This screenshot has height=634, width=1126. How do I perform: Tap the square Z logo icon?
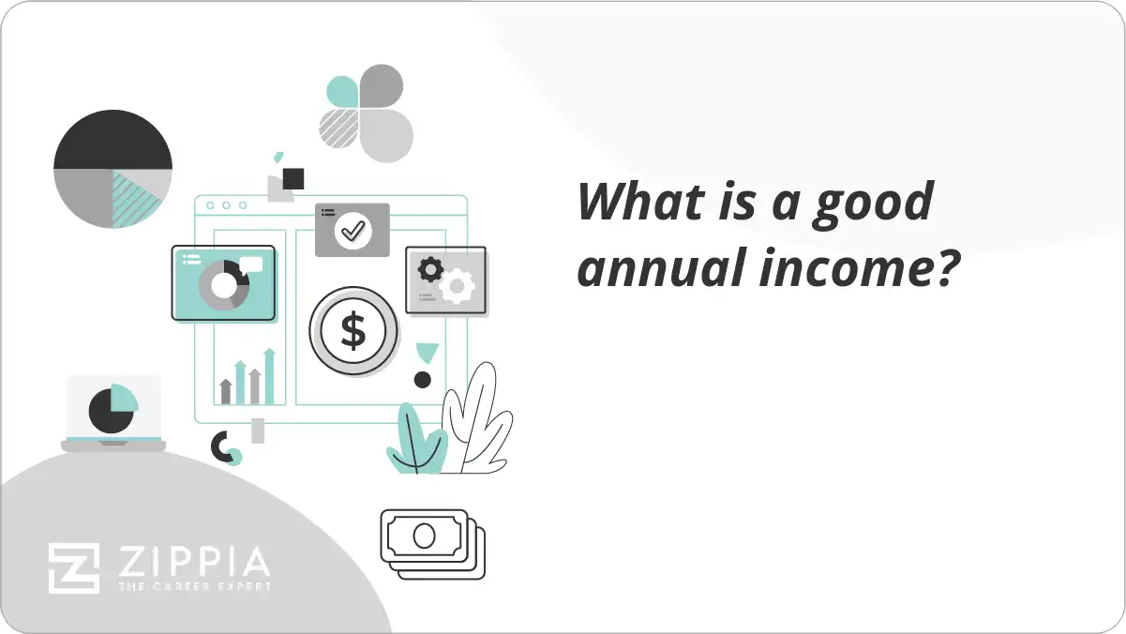coord(74,568)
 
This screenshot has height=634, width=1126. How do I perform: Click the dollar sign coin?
coord(353,331)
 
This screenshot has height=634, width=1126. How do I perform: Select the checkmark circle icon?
coord(353,229)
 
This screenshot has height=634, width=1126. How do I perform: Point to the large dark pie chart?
coord(113,169)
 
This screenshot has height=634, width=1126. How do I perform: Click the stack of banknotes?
coord(432,543)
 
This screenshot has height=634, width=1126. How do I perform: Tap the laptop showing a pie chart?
coord(113,413)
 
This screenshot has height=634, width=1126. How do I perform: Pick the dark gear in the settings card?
coord(430,270)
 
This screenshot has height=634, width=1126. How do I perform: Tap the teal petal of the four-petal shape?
coord(342,92)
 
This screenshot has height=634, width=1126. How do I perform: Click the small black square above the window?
coord(293,178)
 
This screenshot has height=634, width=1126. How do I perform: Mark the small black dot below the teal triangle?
coord(423,380)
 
